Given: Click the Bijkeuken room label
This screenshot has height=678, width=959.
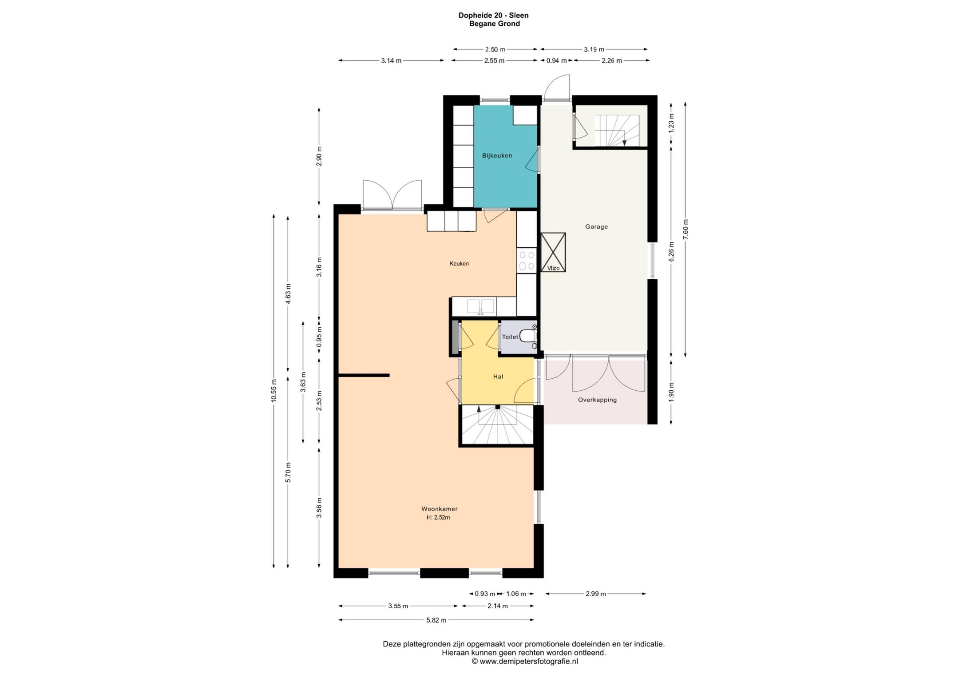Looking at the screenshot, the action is click(497, 155).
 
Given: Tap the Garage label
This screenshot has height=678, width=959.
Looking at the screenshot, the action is click(596, 226).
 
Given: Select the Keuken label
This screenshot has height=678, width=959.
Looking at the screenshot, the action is click(459, 263).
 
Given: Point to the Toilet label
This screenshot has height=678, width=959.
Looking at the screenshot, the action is click(510, 337).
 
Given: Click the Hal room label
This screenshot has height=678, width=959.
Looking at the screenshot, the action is click(498, 377).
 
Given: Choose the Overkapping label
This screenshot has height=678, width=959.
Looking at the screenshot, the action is click(597, 400).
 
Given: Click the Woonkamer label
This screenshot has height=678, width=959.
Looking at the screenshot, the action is click(440, 509).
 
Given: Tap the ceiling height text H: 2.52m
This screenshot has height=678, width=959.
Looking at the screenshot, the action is click(438, 517).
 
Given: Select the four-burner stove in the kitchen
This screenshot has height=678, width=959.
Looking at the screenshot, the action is click(527, 261).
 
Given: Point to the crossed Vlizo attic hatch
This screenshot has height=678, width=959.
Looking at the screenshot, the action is click(553, 252).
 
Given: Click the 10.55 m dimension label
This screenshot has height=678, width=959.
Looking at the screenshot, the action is click(274, 391).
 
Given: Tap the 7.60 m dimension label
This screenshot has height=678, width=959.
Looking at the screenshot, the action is click(686, 230).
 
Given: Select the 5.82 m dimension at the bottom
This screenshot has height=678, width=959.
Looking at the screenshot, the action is click(436, 620).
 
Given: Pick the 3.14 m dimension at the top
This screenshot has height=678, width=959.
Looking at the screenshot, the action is click(391, 61).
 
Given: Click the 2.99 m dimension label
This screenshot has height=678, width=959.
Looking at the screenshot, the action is click(596, 594).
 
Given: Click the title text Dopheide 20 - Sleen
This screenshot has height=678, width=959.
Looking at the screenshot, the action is click(494, 15).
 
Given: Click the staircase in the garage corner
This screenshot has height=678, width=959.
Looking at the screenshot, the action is click(617, 130).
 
